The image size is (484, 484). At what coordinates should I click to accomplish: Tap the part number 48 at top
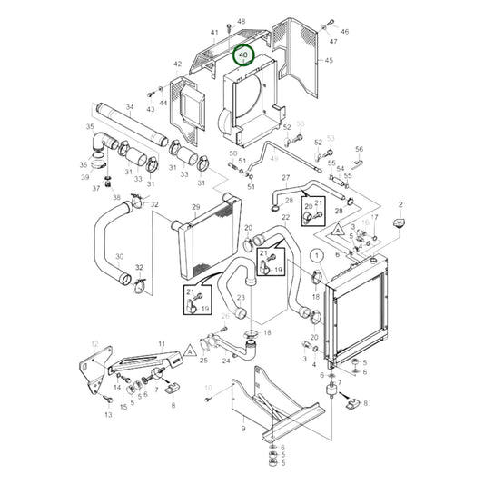(x=241, y=21)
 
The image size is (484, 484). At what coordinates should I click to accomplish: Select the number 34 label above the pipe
(x=129, y=108)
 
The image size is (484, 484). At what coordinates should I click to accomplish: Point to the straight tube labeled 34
(x=133, y=127)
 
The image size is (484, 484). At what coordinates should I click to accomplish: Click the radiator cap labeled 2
(x=399, y=222)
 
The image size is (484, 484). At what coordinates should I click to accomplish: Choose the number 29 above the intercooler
(x=194, y=207)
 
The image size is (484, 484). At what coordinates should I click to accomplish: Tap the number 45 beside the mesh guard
(x=329, y=60)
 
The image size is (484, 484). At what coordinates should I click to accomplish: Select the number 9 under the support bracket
(x=242, y=428)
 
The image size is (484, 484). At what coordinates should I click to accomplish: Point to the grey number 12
(x=94, y=343)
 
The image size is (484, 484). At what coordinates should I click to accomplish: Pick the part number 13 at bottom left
(x=108, y=414)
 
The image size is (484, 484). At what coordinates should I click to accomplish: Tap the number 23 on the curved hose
(x=241, y=297)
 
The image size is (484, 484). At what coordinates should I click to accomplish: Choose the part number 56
(x=359, y=149)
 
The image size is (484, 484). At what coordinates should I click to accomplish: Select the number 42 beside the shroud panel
(x=177, y=64)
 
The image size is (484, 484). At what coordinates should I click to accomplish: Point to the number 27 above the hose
(x=285, y=178)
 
